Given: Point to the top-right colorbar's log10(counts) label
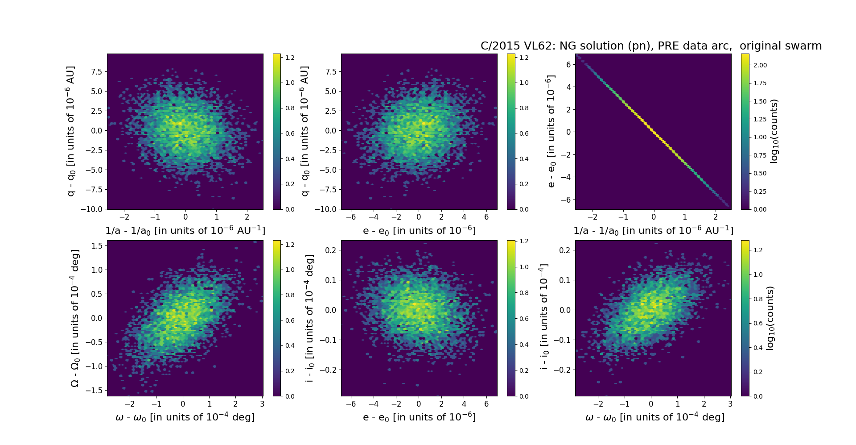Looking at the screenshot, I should (774, 131).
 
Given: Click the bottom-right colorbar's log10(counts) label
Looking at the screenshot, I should (770, 318).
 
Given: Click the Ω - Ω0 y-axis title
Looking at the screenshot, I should (75, 318).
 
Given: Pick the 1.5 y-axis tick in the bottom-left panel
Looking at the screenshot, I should (97, 246).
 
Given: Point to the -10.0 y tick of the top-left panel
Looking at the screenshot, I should (91, 209).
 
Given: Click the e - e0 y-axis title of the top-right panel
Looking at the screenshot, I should (551, 131).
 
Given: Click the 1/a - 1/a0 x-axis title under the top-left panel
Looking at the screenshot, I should (185, 230).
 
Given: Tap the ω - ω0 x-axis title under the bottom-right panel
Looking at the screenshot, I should (654, 417).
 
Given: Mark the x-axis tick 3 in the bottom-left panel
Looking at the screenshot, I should (262, 404).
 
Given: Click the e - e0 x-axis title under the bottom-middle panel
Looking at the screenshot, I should (419, 417).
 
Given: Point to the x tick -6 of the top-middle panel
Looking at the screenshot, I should (351, 217).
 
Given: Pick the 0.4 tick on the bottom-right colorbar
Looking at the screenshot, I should (756, 348).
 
